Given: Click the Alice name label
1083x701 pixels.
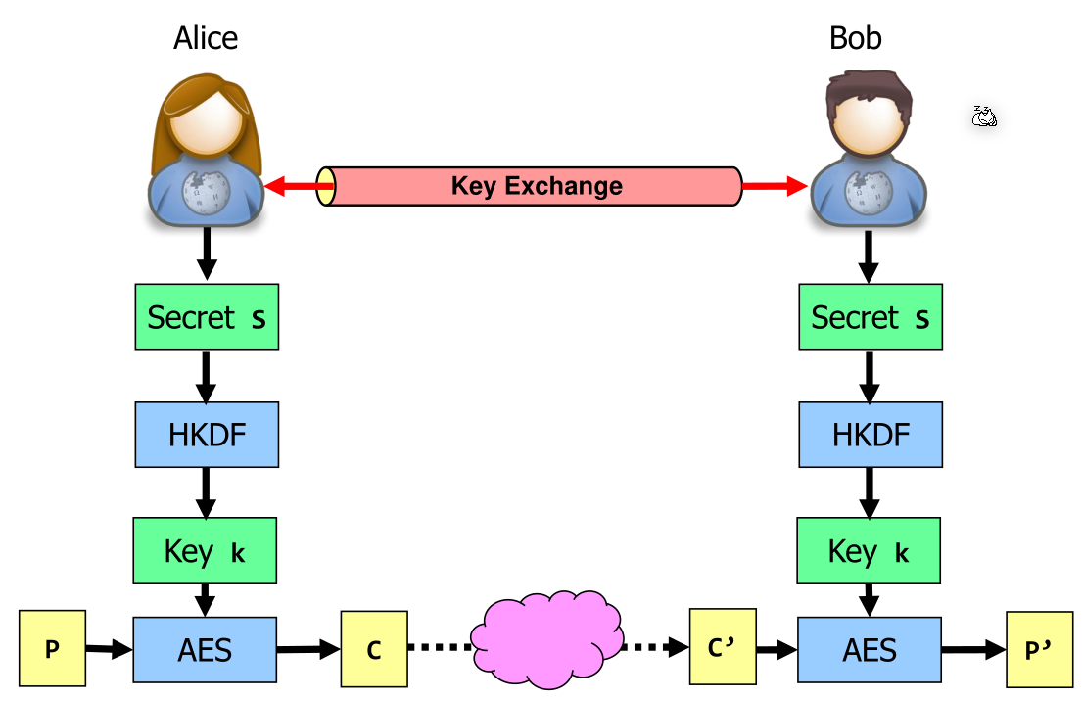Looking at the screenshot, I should pos(206,38).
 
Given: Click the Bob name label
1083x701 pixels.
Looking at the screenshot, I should pos(855,38).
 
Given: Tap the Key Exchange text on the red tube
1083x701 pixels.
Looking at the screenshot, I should pos(536,186).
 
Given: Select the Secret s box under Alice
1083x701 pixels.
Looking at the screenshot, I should pos(206,317).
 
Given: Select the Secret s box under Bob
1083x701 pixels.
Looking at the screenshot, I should pos(871,317).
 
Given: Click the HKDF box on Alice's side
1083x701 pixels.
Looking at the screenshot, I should pos(206,435).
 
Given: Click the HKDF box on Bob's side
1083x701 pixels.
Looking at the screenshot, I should pos(871,435).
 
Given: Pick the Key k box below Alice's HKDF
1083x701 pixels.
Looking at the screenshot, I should pos(206,551).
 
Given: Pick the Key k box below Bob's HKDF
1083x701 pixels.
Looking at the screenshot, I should pos(871,551).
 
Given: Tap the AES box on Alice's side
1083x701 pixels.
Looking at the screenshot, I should pos(206,650).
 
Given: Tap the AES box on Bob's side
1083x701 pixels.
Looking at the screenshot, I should pos(871,650).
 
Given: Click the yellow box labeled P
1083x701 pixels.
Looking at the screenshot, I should pos(53,648).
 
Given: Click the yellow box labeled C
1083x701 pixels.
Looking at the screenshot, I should pos(374,650).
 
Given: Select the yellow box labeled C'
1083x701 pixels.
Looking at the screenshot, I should pos(723,646).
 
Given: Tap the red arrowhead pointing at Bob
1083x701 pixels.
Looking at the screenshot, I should pos(796,186).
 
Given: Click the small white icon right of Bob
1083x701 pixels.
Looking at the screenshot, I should pos(984,117).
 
